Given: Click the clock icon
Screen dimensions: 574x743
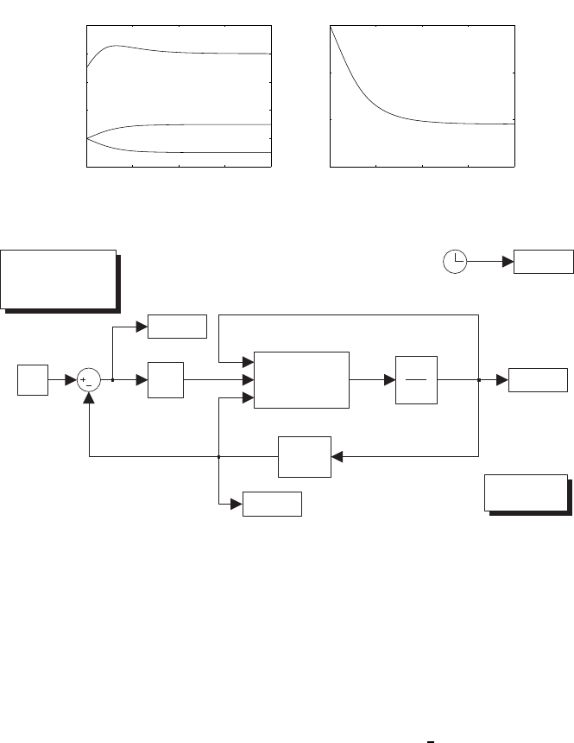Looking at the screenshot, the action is coord(456,261).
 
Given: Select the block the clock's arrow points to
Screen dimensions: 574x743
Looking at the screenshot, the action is coord(543,261).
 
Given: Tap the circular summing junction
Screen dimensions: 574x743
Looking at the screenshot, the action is coord(89,379).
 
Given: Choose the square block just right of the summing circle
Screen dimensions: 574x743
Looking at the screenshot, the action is coord(165,379).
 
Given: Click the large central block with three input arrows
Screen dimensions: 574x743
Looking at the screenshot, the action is coord(301,379).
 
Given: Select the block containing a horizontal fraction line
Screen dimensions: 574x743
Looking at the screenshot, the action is coord(416,379).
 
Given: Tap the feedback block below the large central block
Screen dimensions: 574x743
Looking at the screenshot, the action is coord(304,456).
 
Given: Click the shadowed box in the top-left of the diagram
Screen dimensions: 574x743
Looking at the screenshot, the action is coord(59,278).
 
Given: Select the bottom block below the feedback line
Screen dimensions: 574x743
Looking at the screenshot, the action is coord(272,504).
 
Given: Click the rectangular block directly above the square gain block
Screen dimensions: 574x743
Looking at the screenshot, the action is coord(177,327).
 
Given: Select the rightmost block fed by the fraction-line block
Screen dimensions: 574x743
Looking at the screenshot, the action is coord(538,379).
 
